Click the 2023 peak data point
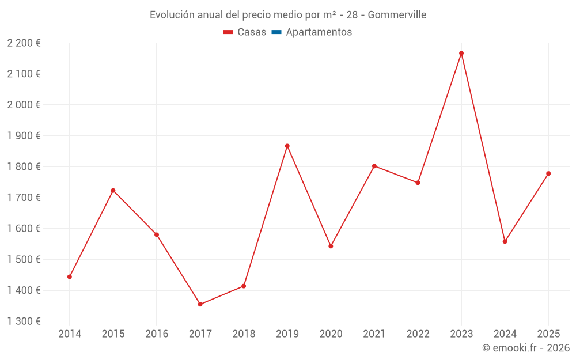click(461, 53)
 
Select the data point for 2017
click(200, 304)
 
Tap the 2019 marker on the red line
click(287, 146)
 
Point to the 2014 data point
click(70, 276)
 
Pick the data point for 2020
click(331, 246)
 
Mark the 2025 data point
click(548, 173)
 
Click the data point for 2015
click(113, 190)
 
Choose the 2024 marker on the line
click(505, 241)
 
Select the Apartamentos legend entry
click(319, 32)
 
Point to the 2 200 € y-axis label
click(24, 43)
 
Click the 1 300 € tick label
click(24, 321)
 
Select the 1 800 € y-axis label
click(24, 166)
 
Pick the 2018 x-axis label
click(244, 334)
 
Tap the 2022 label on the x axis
click(418, 334)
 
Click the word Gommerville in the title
click(397, 14)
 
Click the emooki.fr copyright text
click(526, 348)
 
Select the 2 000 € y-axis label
click(24, 104)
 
